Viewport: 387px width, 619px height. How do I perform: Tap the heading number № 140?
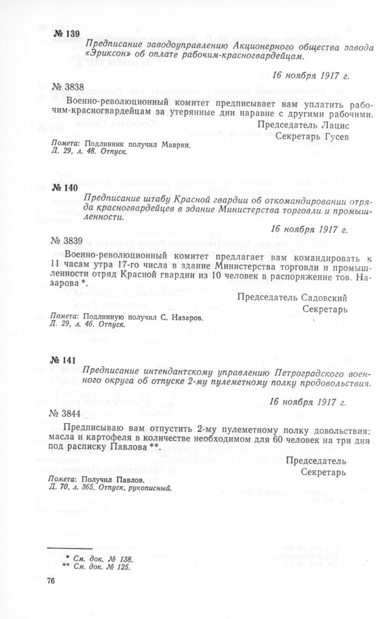[x=64, y=186]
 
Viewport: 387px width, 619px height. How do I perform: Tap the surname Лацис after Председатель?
[x=337, y=126]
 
